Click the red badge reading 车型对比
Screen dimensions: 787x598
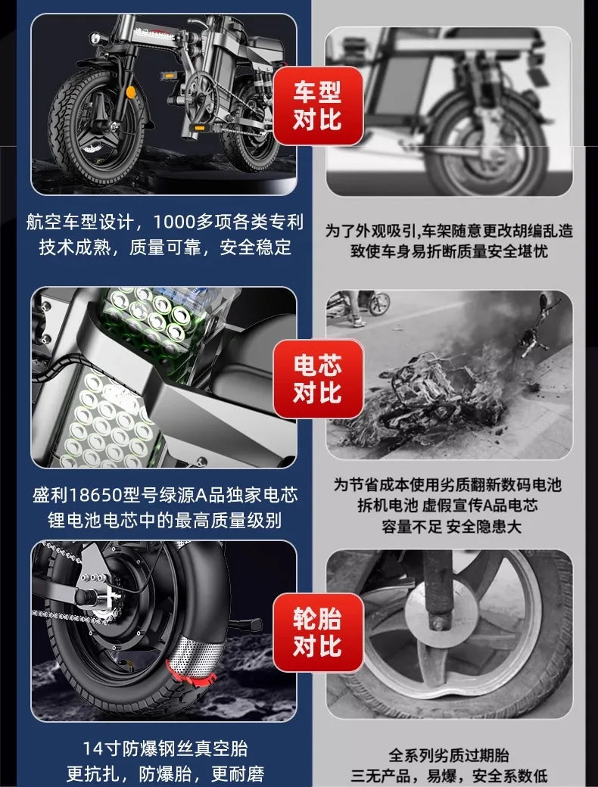click(317, 107)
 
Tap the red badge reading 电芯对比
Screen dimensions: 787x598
click(317, 379)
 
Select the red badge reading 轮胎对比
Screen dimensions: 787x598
click(317, 633)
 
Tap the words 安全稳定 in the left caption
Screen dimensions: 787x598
click(255, 247)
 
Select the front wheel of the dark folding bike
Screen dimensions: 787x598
click(95, 125)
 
